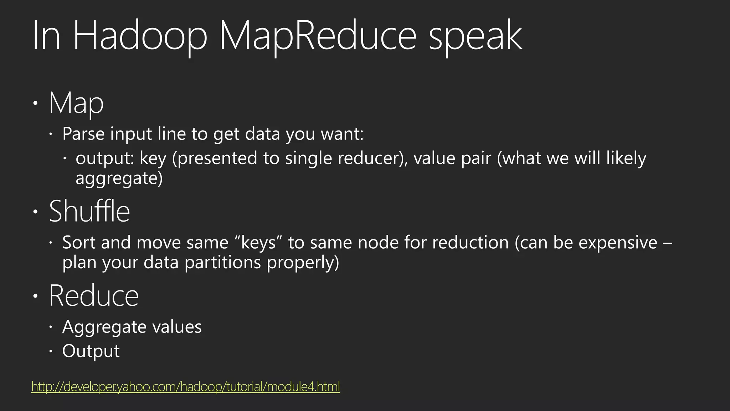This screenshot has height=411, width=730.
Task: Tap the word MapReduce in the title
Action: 318,36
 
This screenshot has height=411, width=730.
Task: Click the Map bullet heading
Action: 76,103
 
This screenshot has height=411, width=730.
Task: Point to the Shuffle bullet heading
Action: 89,211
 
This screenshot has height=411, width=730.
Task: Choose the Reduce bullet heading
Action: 94,296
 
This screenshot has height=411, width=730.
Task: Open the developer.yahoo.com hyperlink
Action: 185,386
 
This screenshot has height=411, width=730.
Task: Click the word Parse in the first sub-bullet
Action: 83,134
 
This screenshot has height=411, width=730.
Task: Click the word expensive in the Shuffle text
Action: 618,243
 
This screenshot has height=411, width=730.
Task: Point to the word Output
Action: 91,351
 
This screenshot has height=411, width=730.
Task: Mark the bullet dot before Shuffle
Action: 35,212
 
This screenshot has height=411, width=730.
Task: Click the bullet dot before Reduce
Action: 35,296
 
